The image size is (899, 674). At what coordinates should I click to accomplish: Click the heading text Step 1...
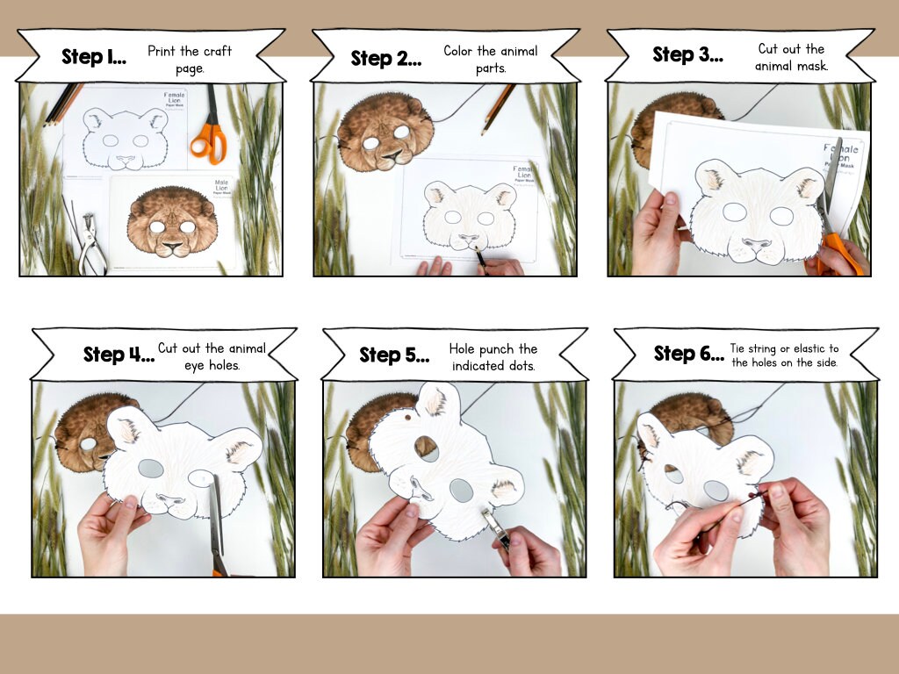click(93, 58)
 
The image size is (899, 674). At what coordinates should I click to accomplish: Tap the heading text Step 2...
click(385, 59)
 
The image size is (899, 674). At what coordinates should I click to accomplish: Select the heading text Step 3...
click(687, 54)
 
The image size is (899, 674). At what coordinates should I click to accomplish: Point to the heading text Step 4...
click(118, 355)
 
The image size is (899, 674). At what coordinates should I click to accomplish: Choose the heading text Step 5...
click(394, 355)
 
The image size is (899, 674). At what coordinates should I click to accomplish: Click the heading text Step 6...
click(688, 354)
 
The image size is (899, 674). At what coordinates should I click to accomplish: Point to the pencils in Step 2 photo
click(497, 107)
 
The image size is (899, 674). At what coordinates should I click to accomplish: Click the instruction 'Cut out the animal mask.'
click(791, 57)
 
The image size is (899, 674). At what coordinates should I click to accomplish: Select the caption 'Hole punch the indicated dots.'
click(494, 356)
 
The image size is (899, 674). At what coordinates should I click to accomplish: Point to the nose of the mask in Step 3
click(757, 243)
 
